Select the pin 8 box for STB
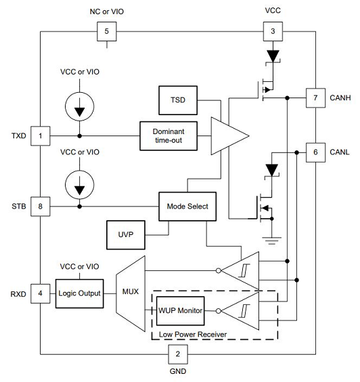41,205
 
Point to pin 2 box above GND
177,353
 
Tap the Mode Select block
187,206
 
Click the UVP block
126,234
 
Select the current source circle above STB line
81,179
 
